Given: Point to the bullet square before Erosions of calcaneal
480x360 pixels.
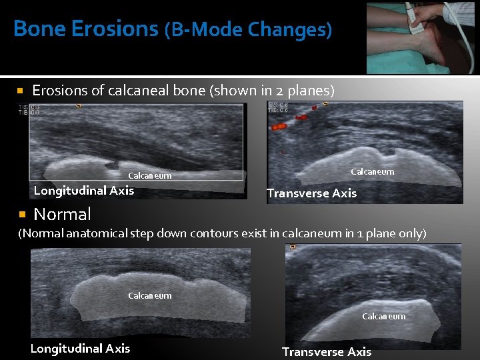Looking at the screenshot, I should tap(21, 90).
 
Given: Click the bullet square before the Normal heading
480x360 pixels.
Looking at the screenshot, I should tap(21, 215).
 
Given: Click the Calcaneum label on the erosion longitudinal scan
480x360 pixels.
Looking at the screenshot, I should tap(149, 176).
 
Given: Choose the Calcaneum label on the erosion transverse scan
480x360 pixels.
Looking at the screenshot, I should tap(372, 172).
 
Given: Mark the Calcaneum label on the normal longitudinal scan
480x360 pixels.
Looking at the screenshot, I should tap(149, 295).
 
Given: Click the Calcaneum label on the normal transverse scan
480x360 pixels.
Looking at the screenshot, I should tap(383, 317).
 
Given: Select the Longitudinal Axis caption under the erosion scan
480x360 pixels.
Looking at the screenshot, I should tap(84, 191).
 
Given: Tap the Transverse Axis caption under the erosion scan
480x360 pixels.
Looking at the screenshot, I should tap(311, 193).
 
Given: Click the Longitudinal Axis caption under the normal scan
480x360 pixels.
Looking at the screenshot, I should tap(80, 348).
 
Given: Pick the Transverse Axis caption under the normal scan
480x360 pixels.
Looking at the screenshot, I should tap(327, 351).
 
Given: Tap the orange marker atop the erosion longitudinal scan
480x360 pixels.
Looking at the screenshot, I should tap(79, 105).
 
